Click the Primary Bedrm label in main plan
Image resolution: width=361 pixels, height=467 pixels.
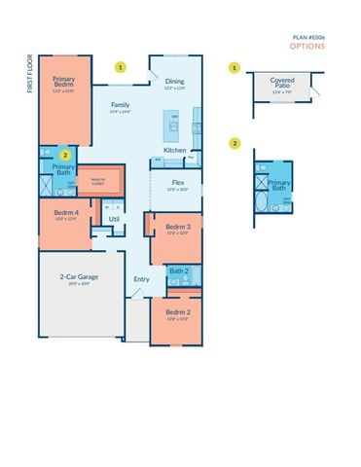coord(64,84)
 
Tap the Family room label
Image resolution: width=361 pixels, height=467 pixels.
coord(120,105)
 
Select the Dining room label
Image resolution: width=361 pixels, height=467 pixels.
coord(174,82)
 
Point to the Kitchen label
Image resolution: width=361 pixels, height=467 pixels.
coord(174,150)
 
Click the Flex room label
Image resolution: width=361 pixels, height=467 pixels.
coord(178,182)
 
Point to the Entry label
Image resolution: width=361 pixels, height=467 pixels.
coord(142,279)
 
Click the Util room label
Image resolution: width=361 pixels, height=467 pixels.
coord(114,219)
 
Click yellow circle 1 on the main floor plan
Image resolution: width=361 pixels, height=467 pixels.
coord(121,67)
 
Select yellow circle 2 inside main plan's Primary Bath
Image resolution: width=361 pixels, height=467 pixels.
coord(65,154)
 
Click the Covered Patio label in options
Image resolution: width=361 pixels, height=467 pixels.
coord(282,84)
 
